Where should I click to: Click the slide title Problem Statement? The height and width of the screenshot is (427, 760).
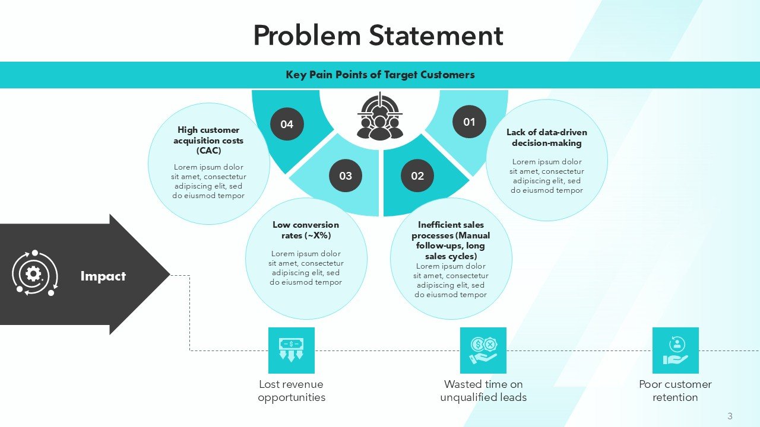pos(378,36)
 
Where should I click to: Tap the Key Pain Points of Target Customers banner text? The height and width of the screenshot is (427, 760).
pos(380,75)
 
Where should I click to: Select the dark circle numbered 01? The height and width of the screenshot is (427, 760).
pos(469,122)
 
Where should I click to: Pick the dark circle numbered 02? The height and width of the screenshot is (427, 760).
pos(417,176)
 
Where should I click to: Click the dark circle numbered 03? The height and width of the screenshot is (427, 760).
pos(346,176)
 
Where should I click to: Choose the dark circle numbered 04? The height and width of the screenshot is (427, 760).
pos(287,124)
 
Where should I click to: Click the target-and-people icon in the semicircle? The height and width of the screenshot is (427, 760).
pos(380,116)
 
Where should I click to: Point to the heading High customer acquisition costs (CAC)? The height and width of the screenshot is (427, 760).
pos(208,140)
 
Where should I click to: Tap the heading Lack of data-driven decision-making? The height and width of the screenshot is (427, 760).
pos(546,138)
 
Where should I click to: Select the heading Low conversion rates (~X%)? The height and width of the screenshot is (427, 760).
pos(306,230)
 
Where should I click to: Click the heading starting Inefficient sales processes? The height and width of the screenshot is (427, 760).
pos(451,240)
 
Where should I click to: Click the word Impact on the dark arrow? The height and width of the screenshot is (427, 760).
pos(103,276)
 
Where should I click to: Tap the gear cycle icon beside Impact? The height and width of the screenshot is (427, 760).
pos(34,273)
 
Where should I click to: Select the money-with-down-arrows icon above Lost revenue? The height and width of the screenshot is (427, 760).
pos(292,350)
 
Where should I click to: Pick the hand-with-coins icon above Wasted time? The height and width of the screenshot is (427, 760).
pos(483,350)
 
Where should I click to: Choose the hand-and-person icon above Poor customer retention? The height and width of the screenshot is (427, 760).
pos(675,350)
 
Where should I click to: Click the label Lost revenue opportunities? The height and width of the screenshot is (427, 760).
pos(292,391)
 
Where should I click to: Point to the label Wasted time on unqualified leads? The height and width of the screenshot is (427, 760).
pos(483,391)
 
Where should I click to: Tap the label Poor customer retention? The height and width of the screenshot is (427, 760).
pos(675,391)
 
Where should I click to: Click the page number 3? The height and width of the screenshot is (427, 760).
pos(730,416)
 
